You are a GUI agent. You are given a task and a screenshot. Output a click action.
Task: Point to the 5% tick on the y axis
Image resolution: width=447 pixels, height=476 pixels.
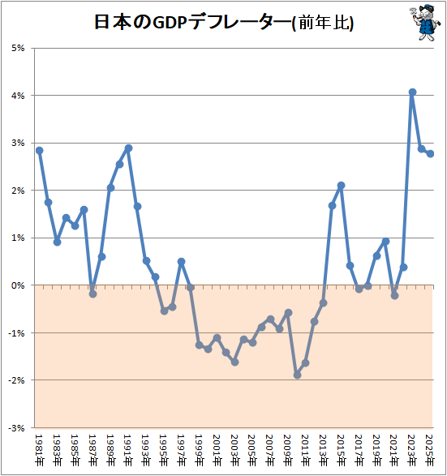[17, 48]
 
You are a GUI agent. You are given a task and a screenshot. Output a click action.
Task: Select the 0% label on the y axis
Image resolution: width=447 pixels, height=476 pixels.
[17, 285]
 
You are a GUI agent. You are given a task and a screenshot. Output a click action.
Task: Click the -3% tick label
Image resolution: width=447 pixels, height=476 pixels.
[16, 427]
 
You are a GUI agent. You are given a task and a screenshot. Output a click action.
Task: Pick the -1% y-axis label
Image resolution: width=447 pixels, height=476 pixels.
[16, 333]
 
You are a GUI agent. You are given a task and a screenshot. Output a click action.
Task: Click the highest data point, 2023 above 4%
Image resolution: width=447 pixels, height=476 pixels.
[412, 92]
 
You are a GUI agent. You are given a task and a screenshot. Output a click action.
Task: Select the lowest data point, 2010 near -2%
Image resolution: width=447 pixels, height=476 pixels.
[297, 375]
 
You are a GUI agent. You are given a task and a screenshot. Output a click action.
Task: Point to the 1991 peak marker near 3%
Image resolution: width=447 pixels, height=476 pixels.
[128, 148]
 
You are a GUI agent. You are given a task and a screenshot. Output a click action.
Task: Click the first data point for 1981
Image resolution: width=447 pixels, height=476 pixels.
[39, 150]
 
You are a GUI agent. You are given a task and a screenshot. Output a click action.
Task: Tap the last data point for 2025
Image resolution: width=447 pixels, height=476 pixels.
[430, 153]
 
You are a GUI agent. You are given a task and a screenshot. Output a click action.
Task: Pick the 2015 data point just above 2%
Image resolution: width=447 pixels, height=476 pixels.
[342, 186]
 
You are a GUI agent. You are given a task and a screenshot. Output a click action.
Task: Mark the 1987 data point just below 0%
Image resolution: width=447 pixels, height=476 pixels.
[92, 294]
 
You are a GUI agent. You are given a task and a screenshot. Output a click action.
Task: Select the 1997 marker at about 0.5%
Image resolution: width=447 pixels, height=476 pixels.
[181, 262]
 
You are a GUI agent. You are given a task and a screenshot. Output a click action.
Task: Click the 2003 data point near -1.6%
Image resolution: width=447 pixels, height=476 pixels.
[234, 362]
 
